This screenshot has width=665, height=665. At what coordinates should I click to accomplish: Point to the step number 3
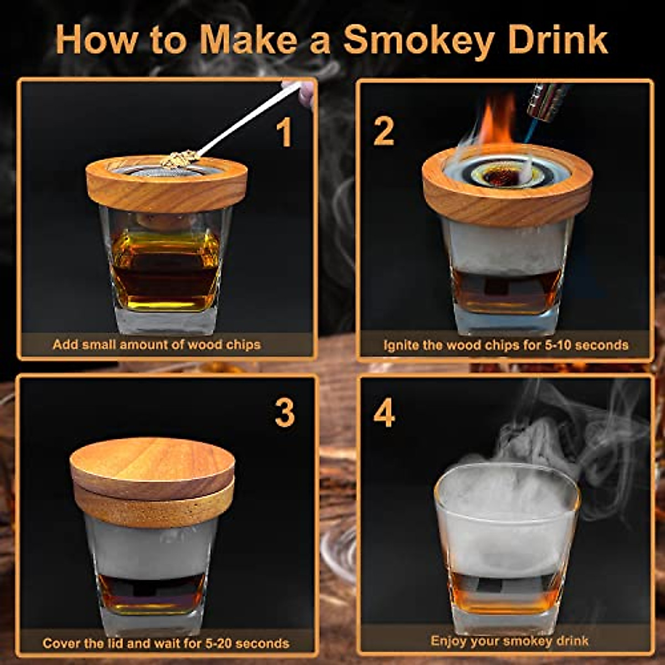click(285, 413)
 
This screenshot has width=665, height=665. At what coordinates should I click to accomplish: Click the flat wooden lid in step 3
click(152, 465)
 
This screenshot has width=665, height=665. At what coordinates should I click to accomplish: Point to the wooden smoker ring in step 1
click(166, 188)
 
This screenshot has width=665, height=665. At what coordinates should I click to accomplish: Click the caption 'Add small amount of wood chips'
click(156, 345)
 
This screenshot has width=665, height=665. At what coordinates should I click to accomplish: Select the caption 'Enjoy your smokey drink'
click(509, 641)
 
